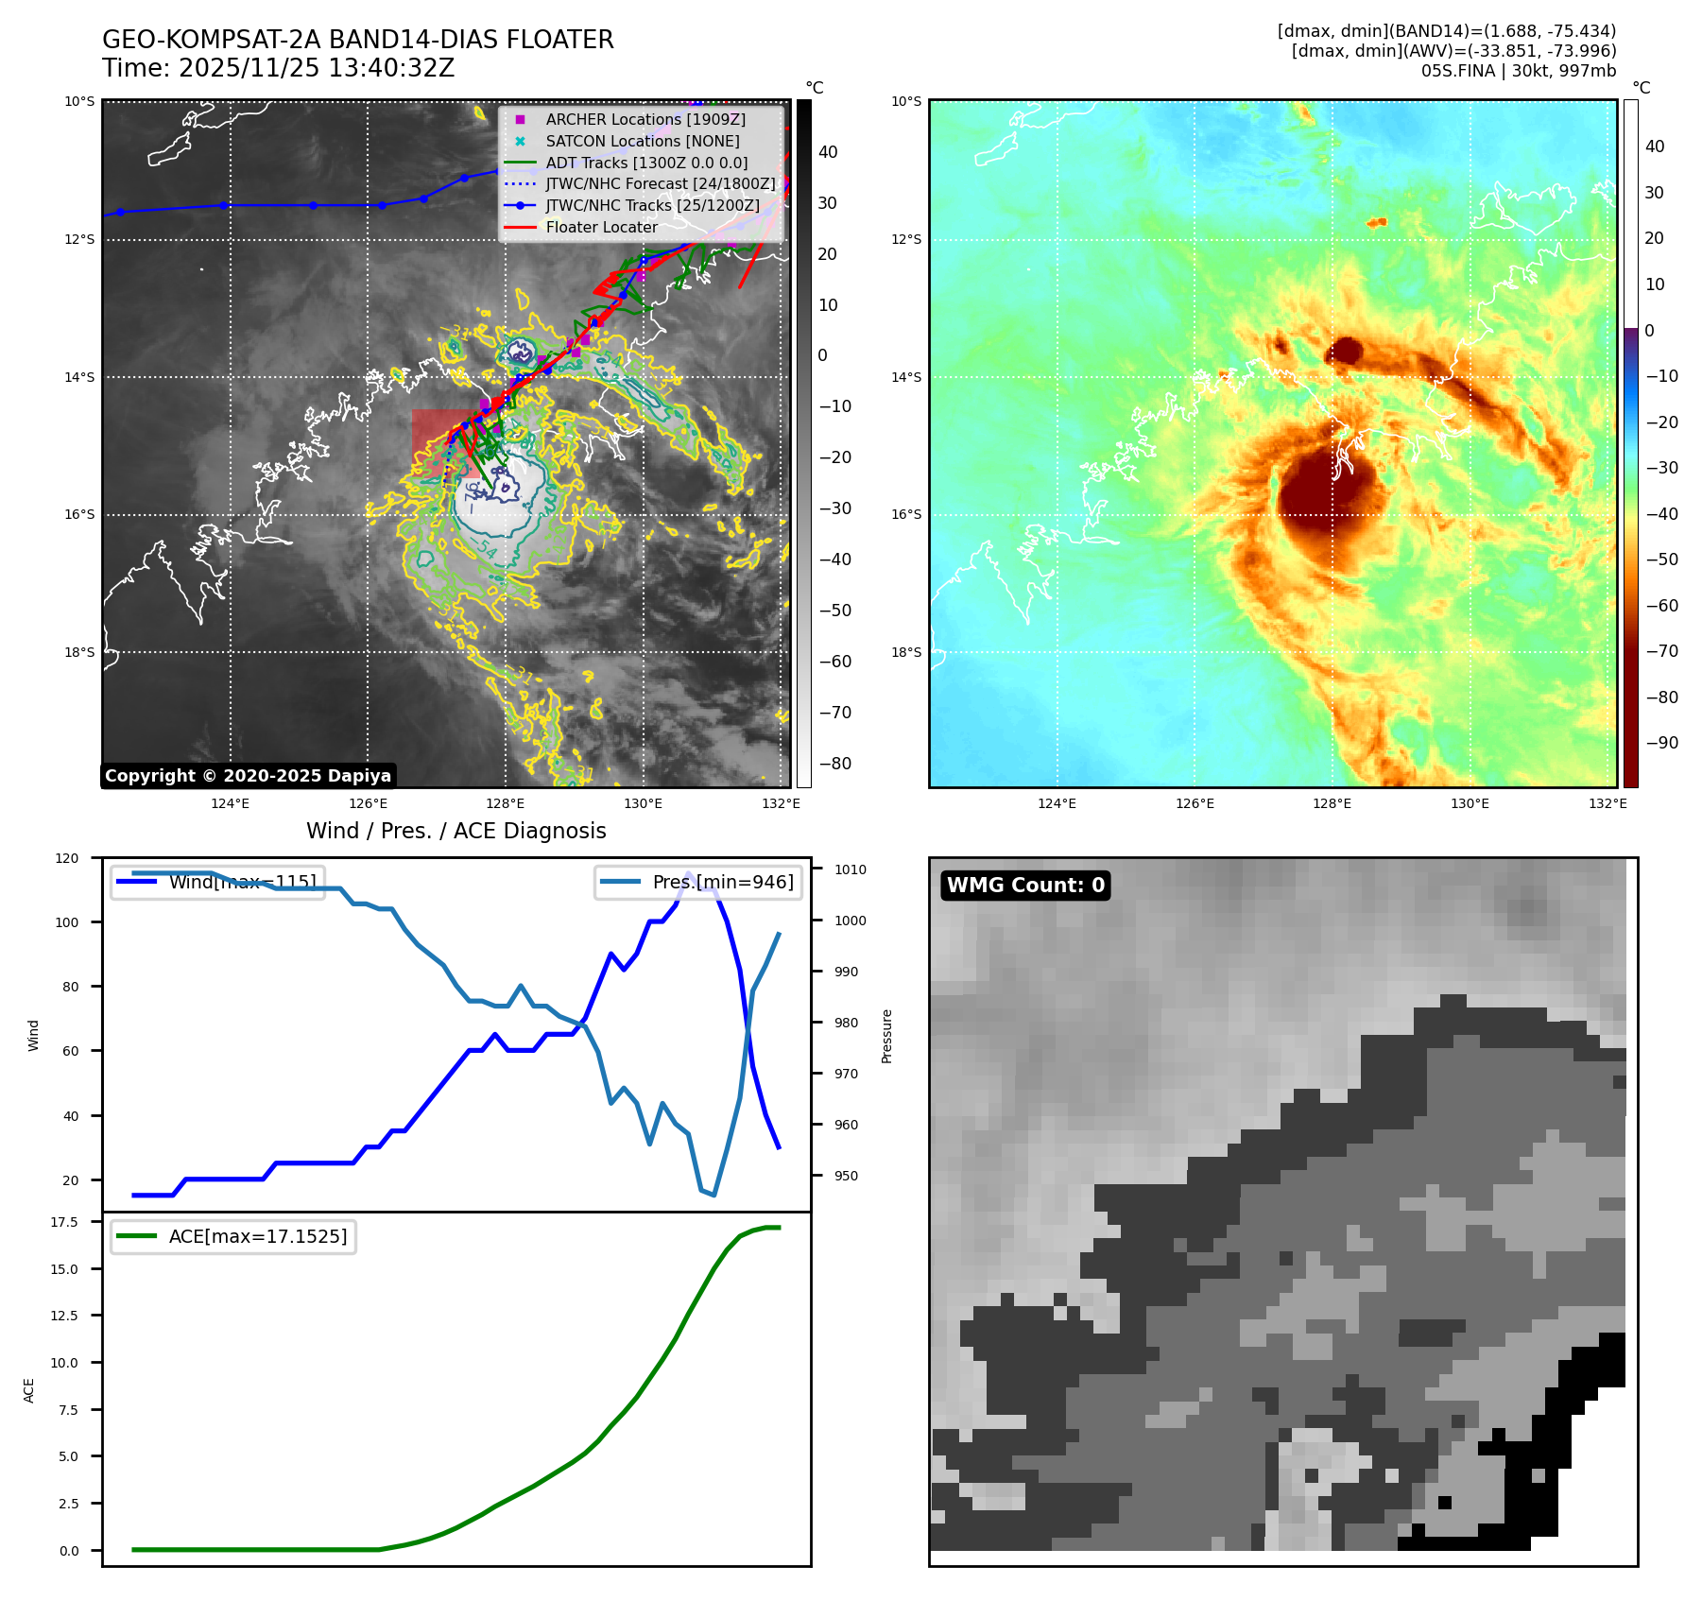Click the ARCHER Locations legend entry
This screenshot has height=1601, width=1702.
[645, 119]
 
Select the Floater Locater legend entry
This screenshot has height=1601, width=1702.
[601, 227]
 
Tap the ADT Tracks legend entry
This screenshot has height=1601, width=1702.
[646, 163]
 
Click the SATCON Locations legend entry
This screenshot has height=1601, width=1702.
[643, 141]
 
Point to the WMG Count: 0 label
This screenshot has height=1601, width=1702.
[1025, 886]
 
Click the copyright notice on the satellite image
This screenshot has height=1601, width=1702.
[248, 776]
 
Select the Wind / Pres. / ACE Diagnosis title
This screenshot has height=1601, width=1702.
[456, 831]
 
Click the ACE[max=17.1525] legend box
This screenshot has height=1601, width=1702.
[233, 1236]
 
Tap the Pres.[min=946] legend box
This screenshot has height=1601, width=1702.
[698, 882]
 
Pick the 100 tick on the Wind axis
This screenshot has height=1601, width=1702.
[67, 922]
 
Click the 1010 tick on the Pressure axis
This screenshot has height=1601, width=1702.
[850, 869]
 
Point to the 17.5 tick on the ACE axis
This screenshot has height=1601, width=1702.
[64, 1222]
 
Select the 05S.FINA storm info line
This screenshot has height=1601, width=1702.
[1518, 71]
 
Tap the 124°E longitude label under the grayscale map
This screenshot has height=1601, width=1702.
[230, 804]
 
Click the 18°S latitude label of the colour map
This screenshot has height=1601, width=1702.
[906, 652]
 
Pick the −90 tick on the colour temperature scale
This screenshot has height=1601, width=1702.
[1661, 743]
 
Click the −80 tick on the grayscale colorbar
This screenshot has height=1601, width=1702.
[834, 764]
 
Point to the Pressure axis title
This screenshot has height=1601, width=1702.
[886, 1036]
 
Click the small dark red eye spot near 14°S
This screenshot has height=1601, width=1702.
[1346, 353]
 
